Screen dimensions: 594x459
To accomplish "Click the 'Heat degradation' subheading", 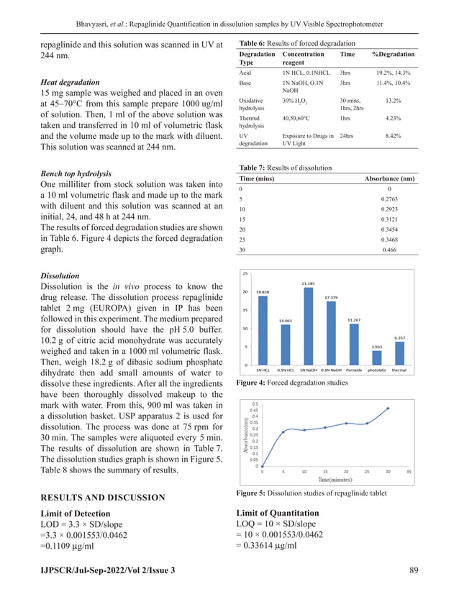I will (70, 83).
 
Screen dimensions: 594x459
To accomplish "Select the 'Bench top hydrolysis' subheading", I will (76, 174).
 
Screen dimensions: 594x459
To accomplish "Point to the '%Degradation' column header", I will (393, 55).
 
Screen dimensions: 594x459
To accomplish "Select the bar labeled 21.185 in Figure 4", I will (309, 325).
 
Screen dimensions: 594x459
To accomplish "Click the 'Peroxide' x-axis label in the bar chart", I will (353, 370).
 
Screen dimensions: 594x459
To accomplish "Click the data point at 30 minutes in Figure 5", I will (388, 408).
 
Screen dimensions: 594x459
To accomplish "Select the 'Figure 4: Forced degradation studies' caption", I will (291, 384).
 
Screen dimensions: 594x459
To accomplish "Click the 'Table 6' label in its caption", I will (253, 42).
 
